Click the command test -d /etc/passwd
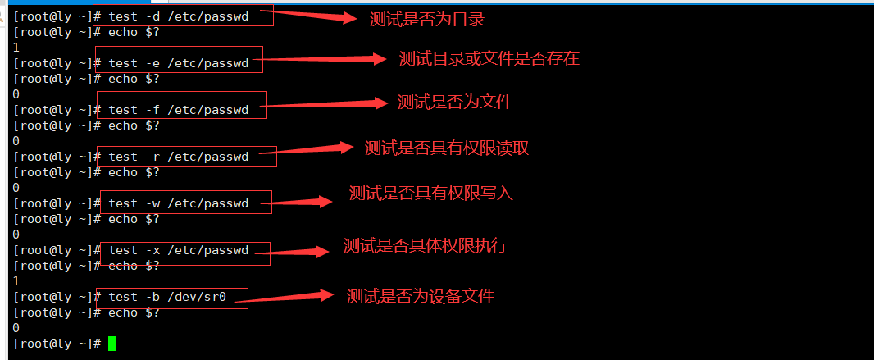(178, 16)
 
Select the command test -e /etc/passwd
(178, 63)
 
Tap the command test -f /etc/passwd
(178, 110)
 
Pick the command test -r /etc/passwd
(178, 157)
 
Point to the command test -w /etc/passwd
(178, 203)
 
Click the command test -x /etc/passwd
(178, 250)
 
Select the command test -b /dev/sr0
(167, 297)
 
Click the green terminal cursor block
(112, 344)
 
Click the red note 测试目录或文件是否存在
(489, 58)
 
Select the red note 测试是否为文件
(454, 102)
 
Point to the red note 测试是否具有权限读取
(446, 148)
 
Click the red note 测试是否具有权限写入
(430, 194)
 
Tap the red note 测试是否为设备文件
(420, 296)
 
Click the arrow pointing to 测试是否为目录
(315, 15)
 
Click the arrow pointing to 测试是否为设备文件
(291, 297)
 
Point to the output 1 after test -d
(16, 48)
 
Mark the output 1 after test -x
(16, 281)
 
